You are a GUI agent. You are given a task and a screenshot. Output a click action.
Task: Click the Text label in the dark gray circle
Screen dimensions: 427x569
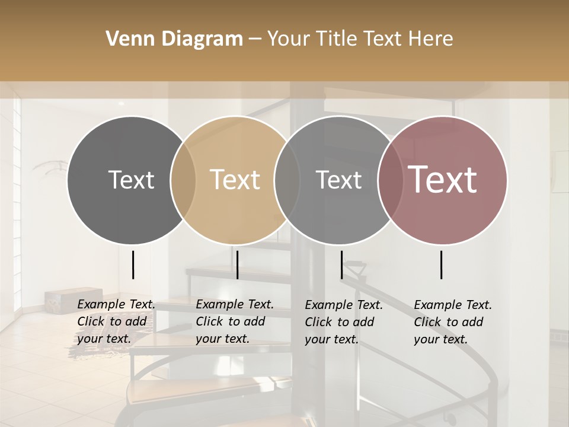[131, 180]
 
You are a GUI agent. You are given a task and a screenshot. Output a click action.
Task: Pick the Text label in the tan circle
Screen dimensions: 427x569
[235, 180]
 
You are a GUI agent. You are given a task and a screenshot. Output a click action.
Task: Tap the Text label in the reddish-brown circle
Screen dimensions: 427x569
[443, 180]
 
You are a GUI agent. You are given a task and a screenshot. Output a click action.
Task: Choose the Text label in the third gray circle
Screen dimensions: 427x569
[338, 180]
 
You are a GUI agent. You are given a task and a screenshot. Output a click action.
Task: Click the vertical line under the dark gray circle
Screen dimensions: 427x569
[133, 265]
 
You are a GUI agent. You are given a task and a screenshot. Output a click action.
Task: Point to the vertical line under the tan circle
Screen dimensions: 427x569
[237, 265]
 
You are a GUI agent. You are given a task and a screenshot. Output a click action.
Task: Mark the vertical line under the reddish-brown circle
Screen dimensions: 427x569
[442, 265]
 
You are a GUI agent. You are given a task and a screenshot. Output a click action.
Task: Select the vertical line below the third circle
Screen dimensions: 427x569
[341, 265]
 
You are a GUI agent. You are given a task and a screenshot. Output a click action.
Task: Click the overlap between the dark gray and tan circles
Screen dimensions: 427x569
[183, 180]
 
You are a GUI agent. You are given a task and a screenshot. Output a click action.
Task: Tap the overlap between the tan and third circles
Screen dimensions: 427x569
[286, 180]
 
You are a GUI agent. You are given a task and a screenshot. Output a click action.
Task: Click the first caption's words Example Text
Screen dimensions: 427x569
[116, 305]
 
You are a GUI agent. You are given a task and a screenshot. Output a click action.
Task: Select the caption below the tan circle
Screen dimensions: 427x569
[234, 321]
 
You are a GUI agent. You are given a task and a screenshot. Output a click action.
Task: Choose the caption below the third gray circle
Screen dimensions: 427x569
[343, 322]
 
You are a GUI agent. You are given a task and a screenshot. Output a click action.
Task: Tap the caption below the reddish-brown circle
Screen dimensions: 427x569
[452, 322]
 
